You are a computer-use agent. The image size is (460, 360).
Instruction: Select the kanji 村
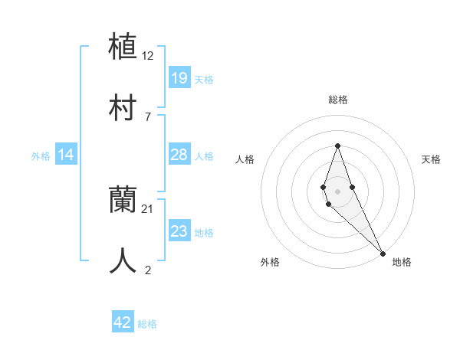click(x=123, y=106)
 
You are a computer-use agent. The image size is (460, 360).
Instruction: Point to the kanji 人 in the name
click(x=123, y=260)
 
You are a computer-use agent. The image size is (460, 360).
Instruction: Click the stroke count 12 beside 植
click(x=148, y=57)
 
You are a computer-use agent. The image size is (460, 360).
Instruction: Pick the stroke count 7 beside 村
click(x=148, y=116)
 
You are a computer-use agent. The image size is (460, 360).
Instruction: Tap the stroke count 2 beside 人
click(x=148, y=270)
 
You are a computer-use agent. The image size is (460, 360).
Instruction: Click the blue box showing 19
click(x=179, y=78)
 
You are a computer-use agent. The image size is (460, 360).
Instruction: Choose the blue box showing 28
click(x=179, y=155)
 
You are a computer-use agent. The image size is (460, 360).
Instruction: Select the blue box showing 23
click(x=179, y=231)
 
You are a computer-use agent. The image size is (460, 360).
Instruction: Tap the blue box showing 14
click(x=66, y=155)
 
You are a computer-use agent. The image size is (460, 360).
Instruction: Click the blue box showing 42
click(x=123, y=322)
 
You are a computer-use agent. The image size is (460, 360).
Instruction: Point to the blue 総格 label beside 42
click(x=147, y=324)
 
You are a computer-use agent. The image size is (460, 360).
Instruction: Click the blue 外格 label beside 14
click(x=41, y=156)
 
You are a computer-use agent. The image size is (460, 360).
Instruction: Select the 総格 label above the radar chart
click(x=337, y=100)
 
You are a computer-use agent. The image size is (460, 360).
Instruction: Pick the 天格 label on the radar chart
click(x=431, y=159)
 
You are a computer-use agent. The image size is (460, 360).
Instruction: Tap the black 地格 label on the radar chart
click(x=402, y=262)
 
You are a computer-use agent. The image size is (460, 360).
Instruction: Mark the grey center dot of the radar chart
click(x=337, y=191)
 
